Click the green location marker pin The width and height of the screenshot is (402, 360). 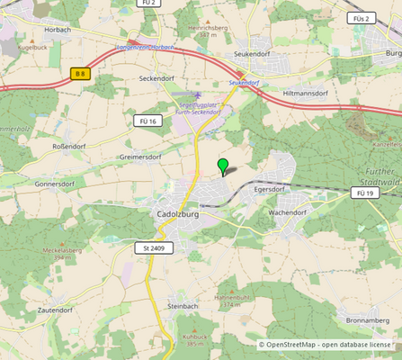click(x=223, y=166)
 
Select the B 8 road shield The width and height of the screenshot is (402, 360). click(x=81, y=72)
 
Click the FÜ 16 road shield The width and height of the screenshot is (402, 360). click(x=147, y=121)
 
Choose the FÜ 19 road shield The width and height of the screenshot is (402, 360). click(x=364, y=193)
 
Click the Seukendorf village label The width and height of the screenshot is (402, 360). click(x=251, y=54)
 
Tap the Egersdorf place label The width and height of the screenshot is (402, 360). click(x=269, y=190)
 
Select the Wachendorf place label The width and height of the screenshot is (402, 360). click(x=288, y=212)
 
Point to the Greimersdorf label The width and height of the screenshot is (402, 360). click(x=139, y=157)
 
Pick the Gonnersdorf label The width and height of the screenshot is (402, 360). click(x=54, y=183)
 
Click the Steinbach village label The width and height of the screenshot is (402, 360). click(x=182, y=306)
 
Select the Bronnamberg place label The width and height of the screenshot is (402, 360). click(x=366, y=319)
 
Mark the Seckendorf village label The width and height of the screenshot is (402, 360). click(x=156, y=78)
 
